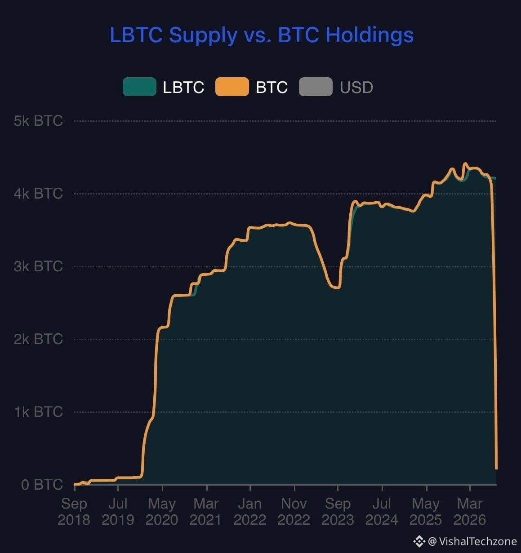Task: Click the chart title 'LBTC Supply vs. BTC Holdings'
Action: click(262, 35)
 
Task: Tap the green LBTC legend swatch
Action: click(139, 87)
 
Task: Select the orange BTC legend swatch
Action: click(232, 87)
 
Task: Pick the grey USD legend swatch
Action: click(316, 87)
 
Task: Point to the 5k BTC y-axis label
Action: click(39, 121)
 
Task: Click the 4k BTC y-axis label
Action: click(39, 194)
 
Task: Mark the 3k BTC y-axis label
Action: click(39, 266)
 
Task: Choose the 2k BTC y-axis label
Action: click(39, 339)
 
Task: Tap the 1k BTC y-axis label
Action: click(39, 411)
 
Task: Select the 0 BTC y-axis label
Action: click(42, 485)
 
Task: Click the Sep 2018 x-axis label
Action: click(74, 512)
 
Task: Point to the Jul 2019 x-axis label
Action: click(118, 512)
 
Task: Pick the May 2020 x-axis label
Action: click(162, 512)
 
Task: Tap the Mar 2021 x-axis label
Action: click(206, 512)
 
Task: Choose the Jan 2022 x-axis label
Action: click(250, 512)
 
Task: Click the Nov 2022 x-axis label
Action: click(294, 512)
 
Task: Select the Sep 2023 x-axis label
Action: click(338, 512)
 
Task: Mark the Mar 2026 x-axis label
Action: click(470, 512)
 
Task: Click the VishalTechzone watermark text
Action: click(478, 542)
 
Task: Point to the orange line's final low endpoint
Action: click(496, 469)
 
